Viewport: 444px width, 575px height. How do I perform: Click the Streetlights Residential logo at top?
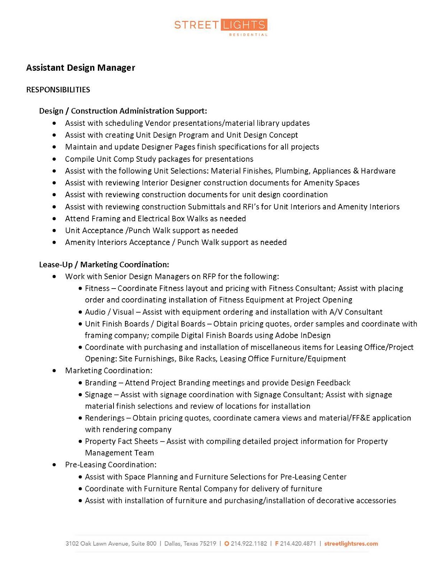(x=221, y=27)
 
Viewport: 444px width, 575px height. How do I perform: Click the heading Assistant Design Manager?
(x=80, y=68)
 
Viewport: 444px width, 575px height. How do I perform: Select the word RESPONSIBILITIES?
(x=58, y=89)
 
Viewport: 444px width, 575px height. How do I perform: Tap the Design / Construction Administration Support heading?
(x=123, y=111)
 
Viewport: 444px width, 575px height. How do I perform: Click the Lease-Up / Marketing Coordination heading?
(x=104, y=264)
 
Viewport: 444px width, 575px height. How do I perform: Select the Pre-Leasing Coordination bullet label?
(x=110, y=465)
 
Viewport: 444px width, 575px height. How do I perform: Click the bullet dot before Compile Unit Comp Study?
(x=54, y=159)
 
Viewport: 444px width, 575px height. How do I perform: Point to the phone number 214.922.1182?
(x=249, y=543)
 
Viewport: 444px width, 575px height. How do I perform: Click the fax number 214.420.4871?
(x=298, y=543)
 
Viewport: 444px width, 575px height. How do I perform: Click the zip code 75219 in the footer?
(x=208, y=543)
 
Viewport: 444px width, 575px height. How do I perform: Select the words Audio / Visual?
(x=109, y=312)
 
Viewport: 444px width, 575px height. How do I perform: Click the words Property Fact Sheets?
(x=121, y=441)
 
